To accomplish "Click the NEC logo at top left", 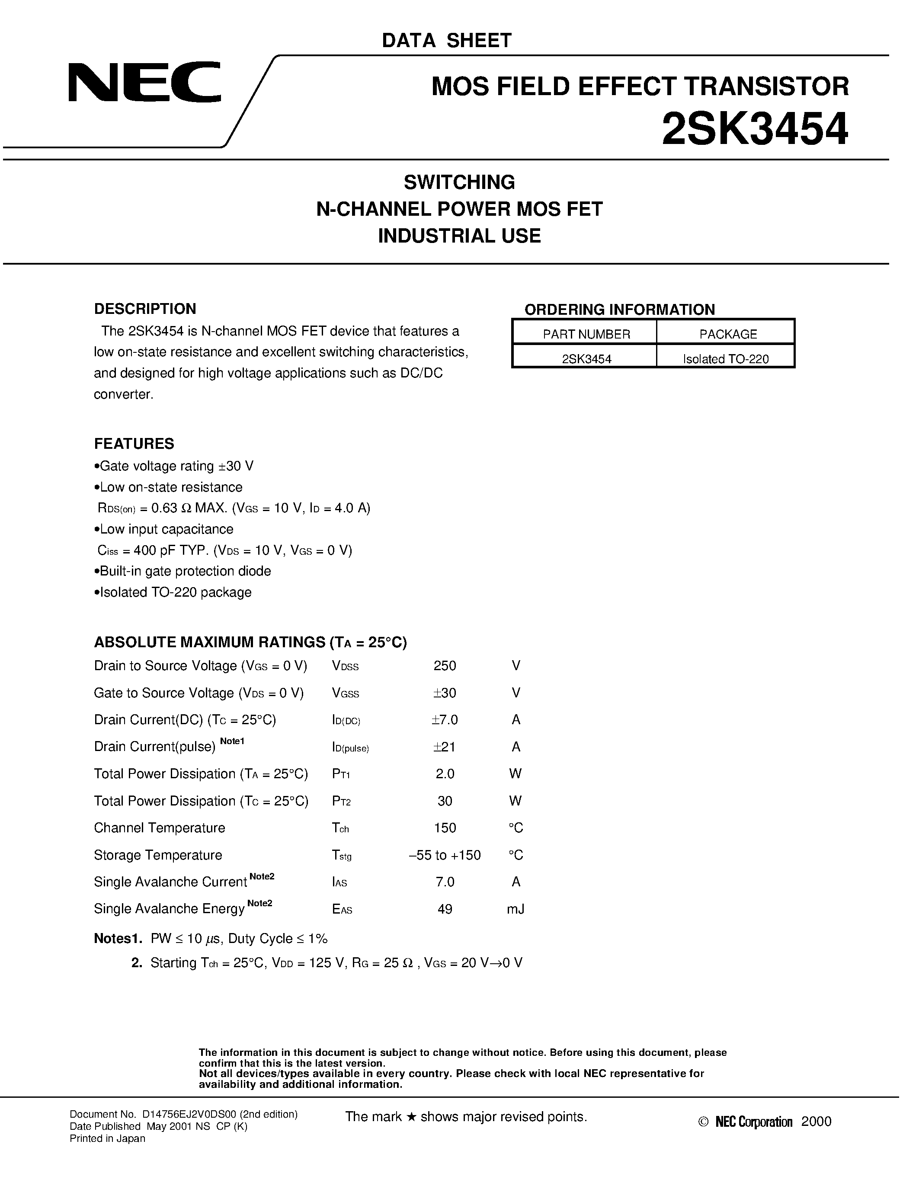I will pos(144,82).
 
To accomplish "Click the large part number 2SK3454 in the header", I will pos(755,130).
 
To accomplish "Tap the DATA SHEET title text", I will pos(446,41).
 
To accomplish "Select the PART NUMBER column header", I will pos(586,334).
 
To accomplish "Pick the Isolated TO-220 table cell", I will pos(726,359).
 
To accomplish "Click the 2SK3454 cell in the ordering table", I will pos(586,359).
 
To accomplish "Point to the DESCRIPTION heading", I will pos(145,309).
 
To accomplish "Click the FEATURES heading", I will pos(134,444).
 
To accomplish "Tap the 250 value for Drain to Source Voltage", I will pos(445,666).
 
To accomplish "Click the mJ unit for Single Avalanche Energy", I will pos(516,909).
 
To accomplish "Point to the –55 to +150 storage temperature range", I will pos(445,855).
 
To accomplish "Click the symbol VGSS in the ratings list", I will pos(345,693).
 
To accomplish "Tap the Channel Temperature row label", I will pos(160,828).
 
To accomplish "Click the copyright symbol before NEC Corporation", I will pos(703,1122).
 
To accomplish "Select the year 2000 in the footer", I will pos(816,1122).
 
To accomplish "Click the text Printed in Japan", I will pos(107,1139).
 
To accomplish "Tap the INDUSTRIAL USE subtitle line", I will pos(459,236).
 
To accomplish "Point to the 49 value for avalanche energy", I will pos(445,909).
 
